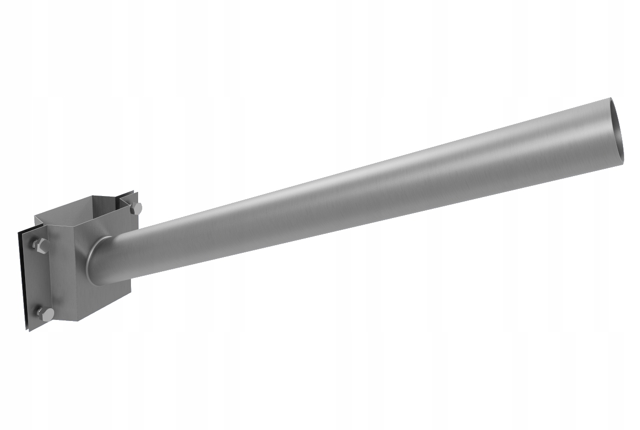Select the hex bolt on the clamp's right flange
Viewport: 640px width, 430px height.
click(136, 208)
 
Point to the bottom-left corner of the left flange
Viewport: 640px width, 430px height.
click(30, 330)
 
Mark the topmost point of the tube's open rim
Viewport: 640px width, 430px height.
click(611, 98)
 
